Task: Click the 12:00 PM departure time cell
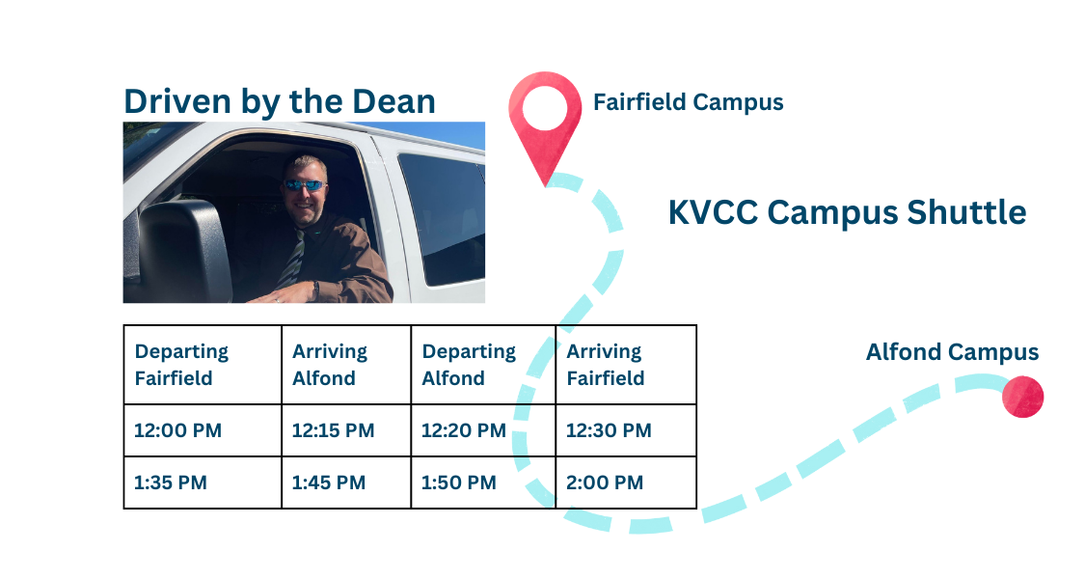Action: (203, 430)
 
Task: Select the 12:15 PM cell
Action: (346, 430)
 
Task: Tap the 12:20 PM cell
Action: (484, 430)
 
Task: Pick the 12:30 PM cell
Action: (626, 430)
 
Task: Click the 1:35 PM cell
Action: (203, 482)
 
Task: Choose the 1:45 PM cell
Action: (346, 482)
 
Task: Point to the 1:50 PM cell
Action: (484, 482)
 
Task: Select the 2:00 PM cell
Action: (626, 482)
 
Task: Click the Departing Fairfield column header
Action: (203, 365)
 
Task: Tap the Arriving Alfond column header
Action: (346, 365)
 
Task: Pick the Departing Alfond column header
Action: (484, 365)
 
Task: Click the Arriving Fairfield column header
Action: (626, 365)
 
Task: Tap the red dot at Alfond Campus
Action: (1022, 397)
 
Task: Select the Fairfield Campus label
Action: (689, 102)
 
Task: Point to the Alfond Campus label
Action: (952, 352)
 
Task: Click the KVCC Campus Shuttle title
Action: (847, 212)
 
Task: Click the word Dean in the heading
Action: (393, 101)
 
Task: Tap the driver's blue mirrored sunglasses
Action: (305, 185)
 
